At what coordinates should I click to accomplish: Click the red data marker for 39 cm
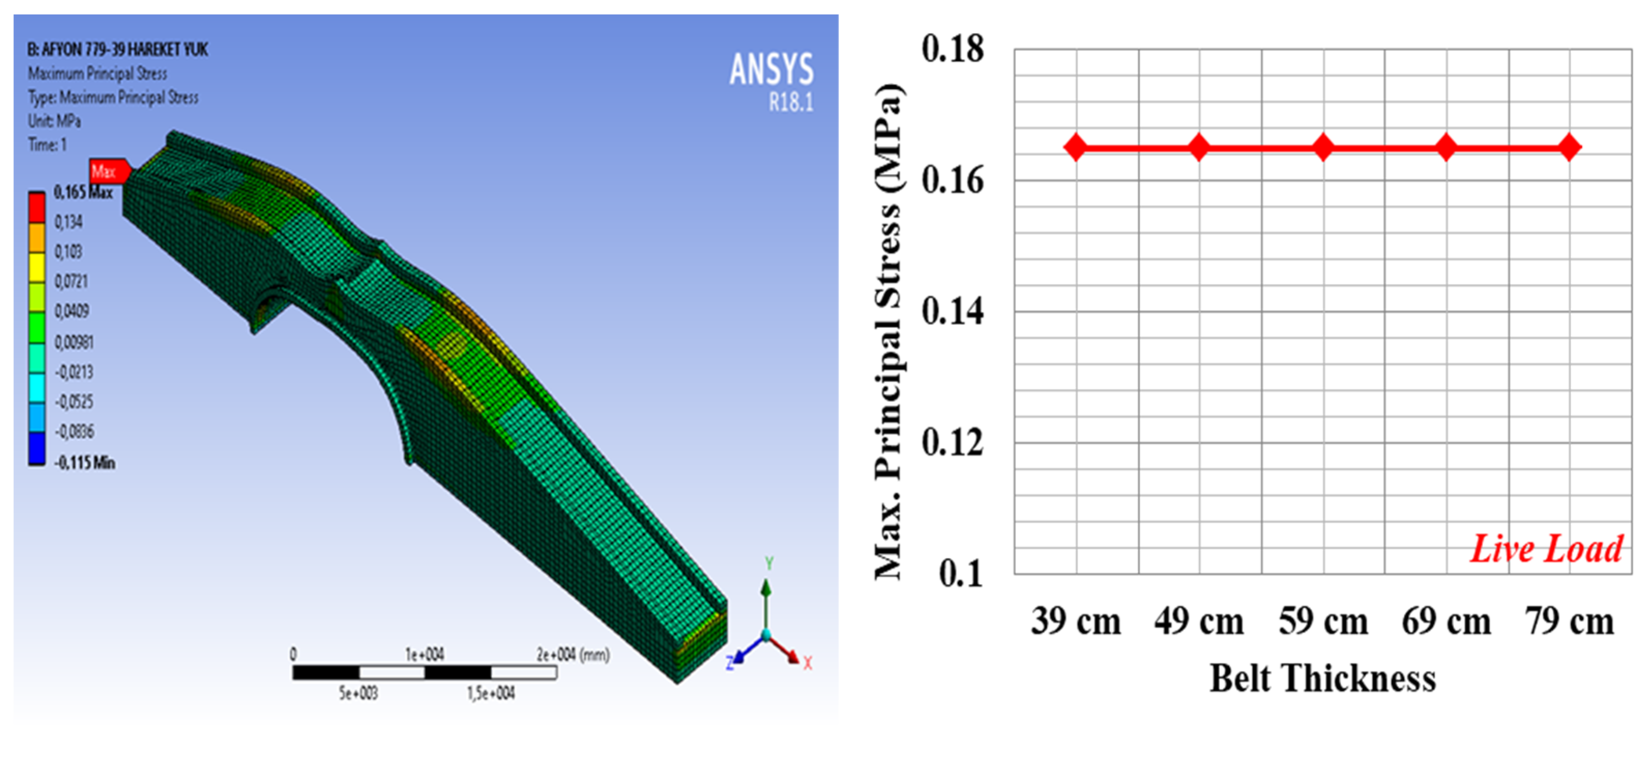click(1076, 147)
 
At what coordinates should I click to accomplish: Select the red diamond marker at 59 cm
click(1323, 147)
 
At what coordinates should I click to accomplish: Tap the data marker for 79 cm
click(1570, 147)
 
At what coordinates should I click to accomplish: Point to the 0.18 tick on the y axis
click(952, 49)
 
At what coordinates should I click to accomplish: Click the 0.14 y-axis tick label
click(952, 312)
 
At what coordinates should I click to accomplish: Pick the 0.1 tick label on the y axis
click(961, 573)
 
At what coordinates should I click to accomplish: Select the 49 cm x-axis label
click(1199, 621)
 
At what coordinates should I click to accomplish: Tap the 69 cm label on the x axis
click(1446, 621)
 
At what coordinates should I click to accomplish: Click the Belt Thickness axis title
click(1322, 678)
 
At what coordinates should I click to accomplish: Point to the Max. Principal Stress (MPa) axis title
click(889, 332)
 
